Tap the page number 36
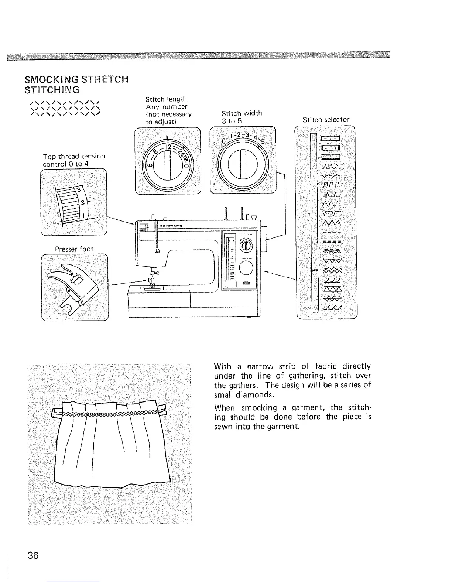pos(33,555)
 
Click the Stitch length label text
pos(166,99)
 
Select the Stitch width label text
pos(242,113)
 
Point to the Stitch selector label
pos(326,119)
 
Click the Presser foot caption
pos(74,249)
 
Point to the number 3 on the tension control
pos(78,190)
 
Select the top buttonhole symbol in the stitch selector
pos(331,139)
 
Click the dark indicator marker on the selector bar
pos(315,271)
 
